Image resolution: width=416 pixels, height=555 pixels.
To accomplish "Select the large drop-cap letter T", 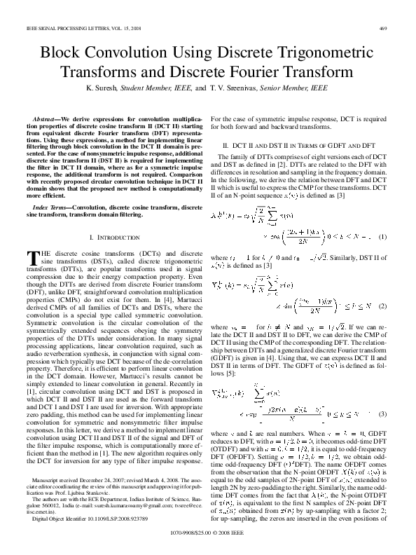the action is [32, 258].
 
